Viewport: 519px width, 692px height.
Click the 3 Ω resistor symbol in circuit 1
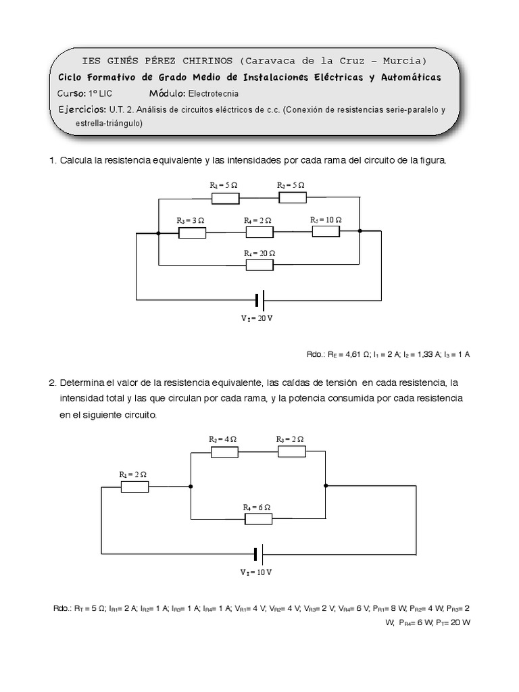[192, 232]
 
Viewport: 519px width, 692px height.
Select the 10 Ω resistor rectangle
[326, 232]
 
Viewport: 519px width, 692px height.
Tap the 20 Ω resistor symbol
[259, 265]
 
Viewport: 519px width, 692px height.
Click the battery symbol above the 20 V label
[259, 299]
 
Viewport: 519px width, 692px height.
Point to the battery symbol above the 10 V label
[258, 555]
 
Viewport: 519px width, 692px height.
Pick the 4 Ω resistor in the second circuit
[224, 451]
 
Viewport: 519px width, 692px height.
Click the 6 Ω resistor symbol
[258, 519]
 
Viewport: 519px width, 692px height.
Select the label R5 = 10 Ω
[326, 220]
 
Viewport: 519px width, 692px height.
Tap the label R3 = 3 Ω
[191, 220]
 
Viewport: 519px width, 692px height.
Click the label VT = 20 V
[257, 318]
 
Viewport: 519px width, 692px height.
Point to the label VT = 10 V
[256, 572]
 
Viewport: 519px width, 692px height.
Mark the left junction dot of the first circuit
[158, 233]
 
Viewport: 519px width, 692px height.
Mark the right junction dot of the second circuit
[326, 485]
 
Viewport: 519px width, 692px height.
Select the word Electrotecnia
[213, 94]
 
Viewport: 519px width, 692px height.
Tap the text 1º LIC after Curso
[101, 94]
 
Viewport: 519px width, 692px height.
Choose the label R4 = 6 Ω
[257, 507]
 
